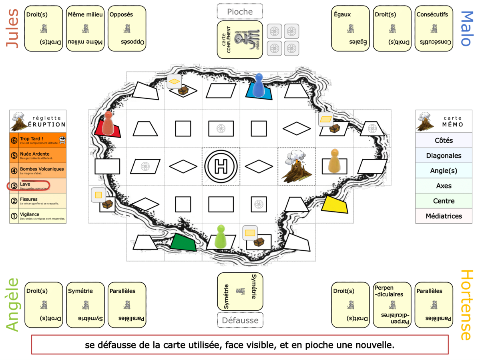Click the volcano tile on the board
point(296,166)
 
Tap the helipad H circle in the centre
point(221,166)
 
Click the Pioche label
point(240,12)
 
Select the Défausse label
point(240,320)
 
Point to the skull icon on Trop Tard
point(62,140)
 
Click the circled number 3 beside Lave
point(14,186)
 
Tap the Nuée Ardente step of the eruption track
point(38,155)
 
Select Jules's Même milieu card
point(85,28)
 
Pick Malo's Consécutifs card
point(434,28)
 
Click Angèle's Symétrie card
point(85,305)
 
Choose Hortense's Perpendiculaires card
point(392,305)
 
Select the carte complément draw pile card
point(240,40)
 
